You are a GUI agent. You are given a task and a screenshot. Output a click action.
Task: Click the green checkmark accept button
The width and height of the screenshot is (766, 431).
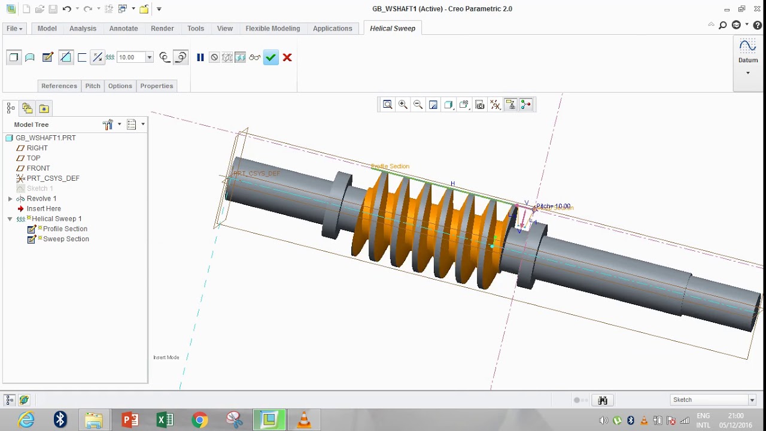point(271,57)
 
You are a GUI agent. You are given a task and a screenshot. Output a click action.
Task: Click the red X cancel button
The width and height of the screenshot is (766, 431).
point(287,57)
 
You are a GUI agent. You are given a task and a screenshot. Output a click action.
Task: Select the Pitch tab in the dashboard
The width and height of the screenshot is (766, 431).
point(93,86)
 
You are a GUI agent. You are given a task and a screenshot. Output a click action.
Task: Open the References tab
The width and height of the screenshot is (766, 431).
point(59,86)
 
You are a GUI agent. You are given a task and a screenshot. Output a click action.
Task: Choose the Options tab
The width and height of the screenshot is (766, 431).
point(120,86)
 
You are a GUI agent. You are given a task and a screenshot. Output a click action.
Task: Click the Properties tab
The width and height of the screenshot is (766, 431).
point(156,86)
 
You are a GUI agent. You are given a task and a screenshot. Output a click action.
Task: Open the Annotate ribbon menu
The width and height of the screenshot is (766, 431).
point(123,28)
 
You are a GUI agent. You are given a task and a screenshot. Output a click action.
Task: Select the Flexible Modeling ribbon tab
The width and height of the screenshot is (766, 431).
point(272,28)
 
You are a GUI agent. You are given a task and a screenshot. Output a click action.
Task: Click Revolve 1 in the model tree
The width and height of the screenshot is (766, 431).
point(41,199)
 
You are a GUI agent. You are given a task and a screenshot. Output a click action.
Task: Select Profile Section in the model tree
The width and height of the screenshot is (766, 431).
point(65,229)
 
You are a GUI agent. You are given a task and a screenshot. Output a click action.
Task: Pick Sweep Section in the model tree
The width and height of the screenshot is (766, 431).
point(66,239)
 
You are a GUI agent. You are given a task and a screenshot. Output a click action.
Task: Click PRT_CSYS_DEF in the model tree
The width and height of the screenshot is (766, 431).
point(53,178)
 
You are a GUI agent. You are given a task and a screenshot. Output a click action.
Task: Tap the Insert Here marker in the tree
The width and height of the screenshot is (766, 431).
point(44,209)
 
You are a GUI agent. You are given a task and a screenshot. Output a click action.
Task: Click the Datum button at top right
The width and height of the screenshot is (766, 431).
point(747,51)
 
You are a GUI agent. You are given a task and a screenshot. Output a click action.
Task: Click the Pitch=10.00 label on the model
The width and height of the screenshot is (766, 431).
point(553,207)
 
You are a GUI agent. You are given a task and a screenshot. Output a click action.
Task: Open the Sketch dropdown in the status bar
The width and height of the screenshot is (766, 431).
point(712,400)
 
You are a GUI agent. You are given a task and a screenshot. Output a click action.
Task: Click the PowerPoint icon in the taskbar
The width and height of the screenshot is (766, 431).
point(130,420)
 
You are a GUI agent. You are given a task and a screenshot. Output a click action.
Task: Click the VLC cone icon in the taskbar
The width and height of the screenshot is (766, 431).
point(304,420)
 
